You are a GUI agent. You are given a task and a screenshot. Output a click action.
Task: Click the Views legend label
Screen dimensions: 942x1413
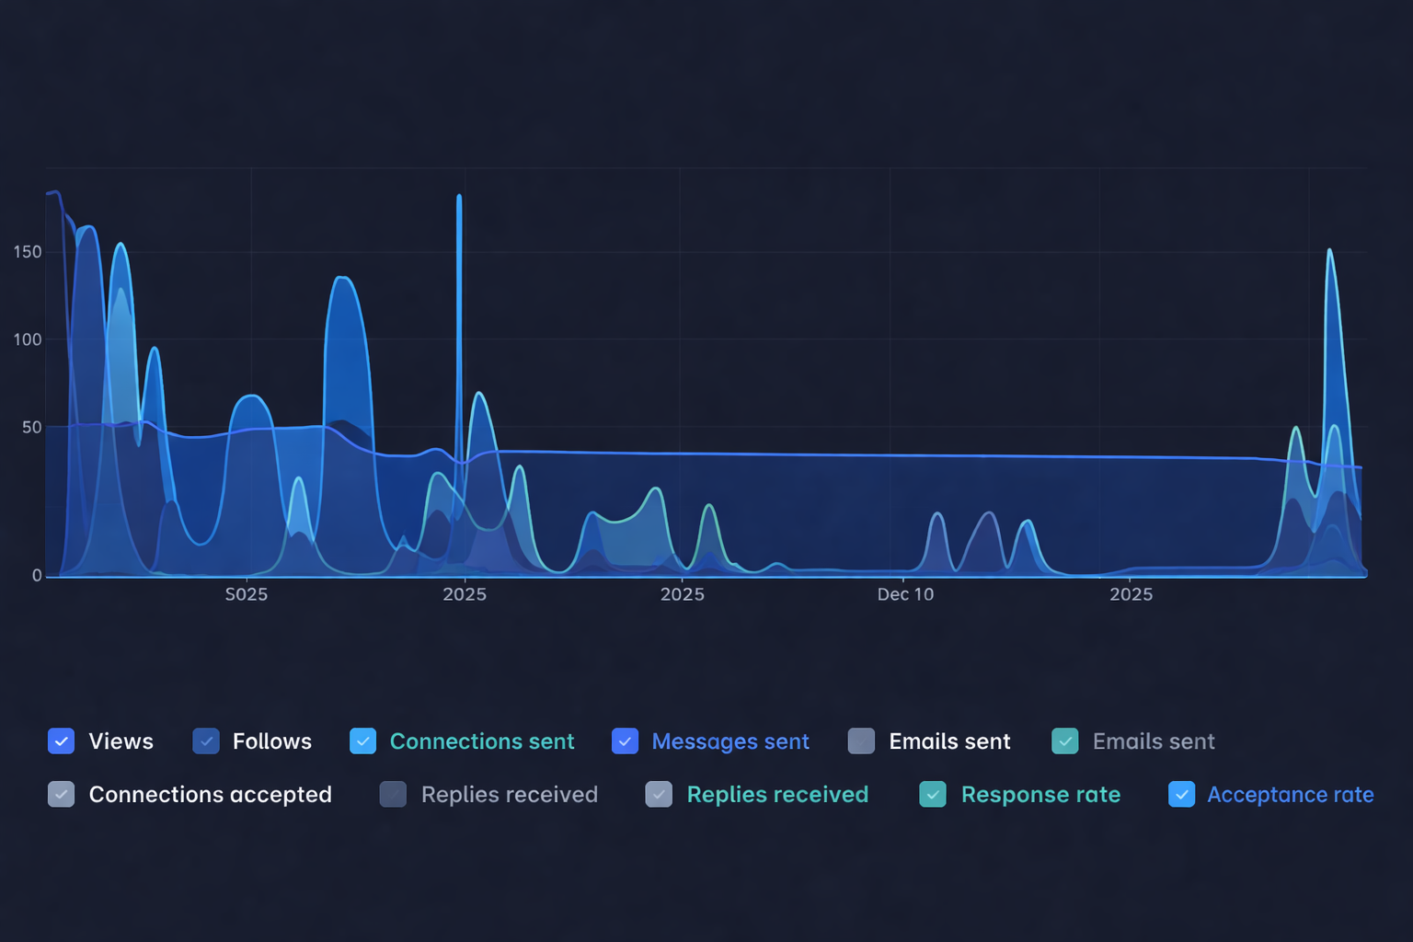click(121, 741)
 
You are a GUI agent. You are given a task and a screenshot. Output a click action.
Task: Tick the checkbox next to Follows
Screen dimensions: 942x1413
click(206, 741)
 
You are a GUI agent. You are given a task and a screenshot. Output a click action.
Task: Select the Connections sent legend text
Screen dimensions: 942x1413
click(481, 741)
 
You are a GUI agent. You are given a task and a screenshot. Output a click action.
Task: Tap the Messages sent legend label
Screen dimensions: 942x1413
click(729, 741)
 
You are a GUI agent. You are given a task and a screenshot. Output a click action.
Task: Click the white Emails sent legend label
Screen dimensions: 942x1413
click(949, 741)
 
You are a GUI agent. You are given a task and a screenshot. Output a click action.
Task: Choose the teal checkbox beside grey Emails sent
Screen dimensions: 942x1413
click(1065, 741)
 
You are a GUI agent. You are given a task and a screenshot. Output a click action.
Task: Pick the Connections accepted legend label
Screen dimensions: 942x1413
click(210, 795)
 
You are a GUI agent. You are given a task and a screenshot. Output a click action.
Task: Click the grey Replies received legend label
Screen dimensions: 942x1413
click(509, 795)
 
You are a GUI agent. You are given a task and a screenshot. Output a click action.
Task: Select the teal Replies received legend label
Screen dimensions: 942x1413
click(777, 795)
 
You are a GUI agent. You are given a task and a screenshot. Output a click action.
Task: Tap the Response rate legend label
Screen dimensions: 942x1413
click(1040, 795)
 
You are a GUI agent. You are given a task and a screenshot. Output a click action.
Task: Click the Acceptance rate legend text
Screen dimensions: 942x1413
click(1290, 795)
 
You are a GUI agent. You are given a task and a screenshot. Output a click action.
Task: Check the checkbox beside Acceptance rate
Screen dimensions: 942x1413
click(1182, 795)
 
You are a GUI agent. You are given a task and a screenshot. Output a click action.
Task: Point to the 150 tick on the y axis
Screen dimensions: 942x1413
click(28, 252)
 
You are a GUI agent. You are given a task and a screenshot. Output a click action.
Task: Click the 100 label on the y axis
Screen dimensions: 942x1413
click(28, 339)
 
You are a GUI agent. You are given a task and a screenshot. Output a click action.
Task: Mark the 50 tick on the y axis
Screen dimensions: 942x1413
click(32, 427)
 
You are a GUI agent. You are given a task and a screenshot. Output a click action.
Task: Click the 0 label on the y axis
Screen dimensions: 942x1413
click(37, 576)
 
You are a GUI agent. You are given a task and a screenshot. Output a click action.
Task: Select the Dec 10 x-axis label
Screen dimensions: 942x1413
click(905, 594)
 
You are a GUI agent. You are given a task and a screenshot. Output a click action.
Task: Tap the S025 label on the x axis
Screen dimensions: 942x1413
click(247, 594)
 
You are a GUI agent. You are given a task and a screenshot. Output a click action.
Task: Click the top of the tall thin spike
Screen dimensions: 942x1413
click(459, 197)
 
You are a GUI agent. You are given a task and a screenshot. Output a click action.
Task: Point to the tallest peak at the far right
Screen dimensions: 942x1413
click(1329, 250)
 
